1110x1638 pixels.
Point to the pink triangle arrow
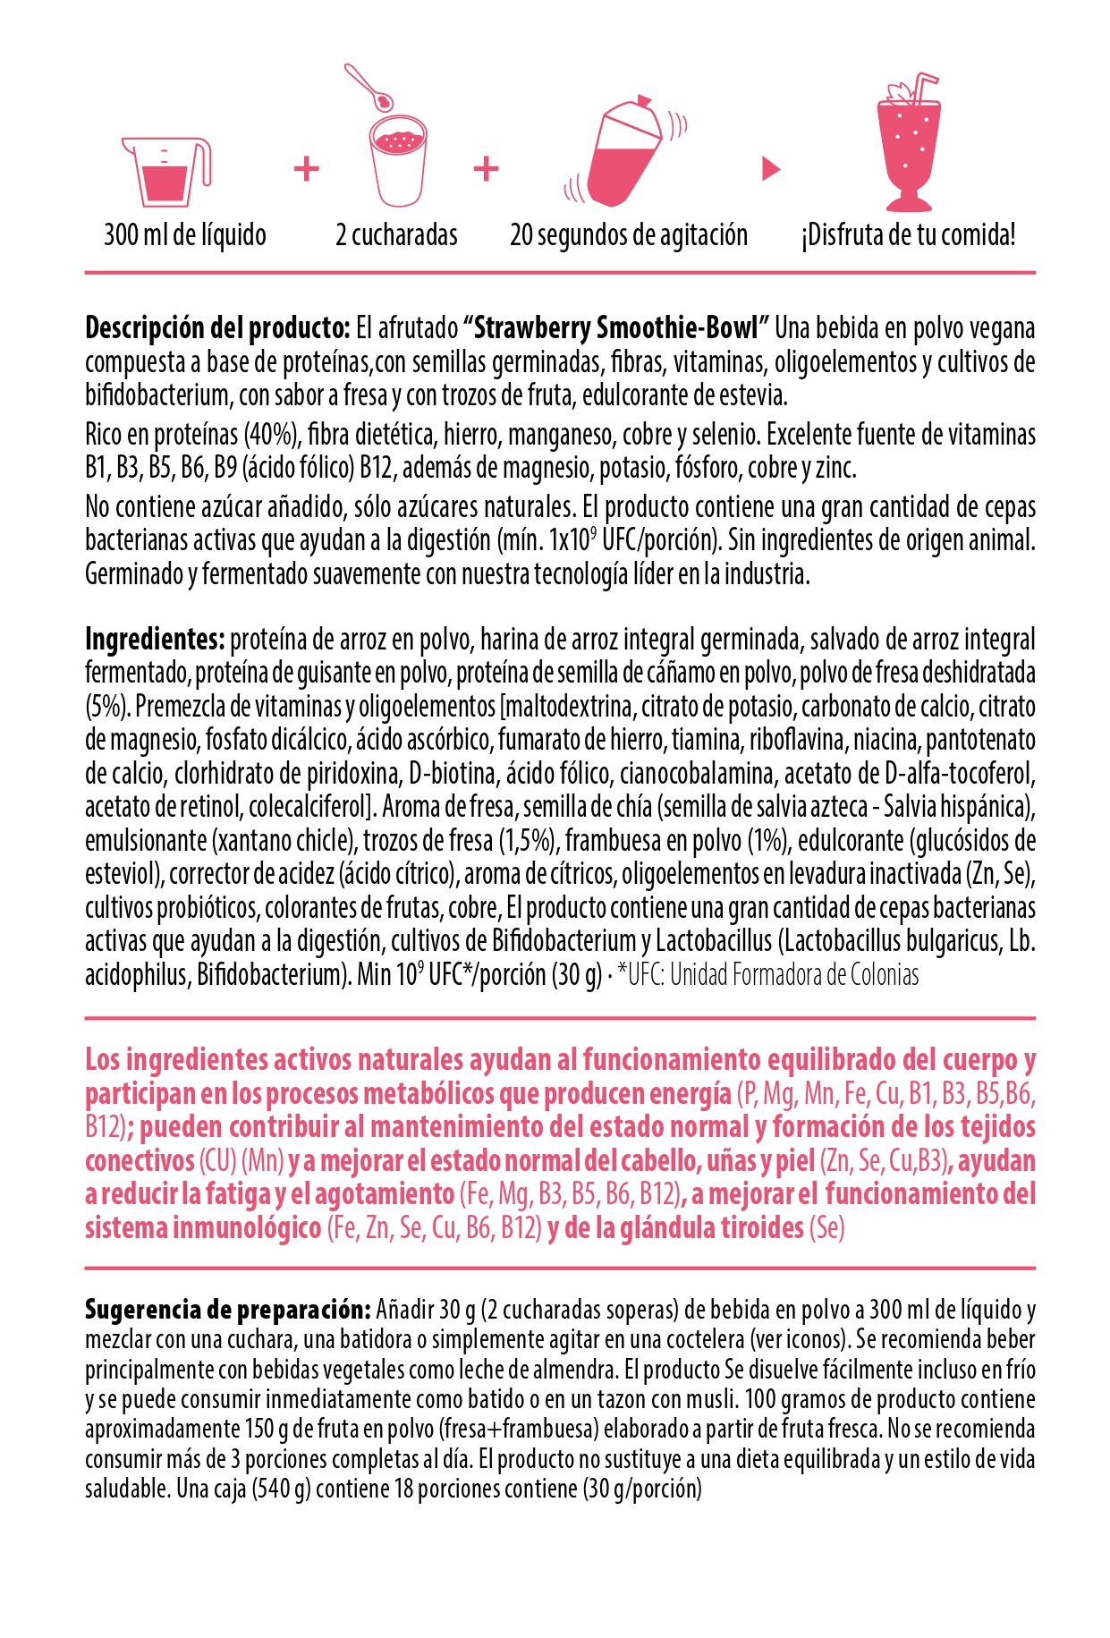770,168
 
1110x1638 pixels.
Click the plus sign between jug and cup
307,168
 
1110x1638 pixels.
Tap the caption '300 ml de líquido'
185,235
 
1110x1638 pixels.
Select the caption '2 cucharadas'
396,235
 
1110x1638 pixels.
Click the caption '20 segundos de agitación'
628,235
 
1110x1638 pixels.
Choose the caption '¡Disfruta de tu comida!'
908,235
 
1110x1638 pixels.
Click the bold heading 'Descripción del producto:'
217,328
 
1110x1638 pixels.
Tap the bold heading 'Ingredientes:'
154,640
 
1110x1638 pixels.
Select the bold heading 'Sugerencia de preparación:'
227,1311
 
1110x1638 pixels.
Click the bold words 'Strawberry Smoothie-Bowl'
616,328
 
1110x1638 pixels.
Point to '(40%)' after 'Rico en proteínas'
271,435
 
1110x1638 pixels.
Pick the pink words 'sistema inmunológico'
203,1228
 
